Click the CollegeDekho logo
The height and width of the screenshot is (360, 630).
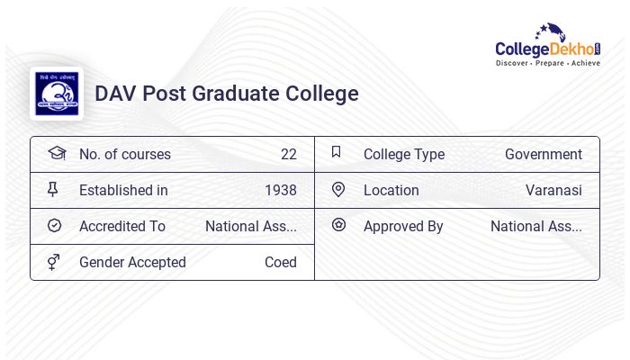pyautogui.click(x=548, y=46)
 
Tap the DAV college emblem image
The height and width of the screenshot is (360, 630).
pyautogui.click(x=56, y=94)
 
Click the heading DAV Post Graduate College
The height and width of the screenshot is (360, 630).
pyautogui.click(x=227, y=94)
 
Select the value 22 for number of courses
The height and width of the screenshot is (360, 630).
pyautogui.click(x=288, y=155)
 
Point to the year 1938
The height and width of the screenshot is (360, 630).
pyautogui.click(x=280, y=191)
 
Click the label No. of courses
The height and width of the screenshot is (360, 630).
pyautogui.click(x=124, y=155)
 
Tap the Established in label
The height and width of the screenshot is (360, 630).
pyautogui.click(x=123, y=191)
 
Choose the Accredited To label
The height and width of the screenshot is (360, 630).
pyautogui.click(x=122, y=227)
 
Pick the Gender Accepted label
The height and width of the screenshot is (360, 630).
pyautogui.click(x=132, y=263)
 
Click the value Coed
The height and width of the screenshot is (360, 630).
pyautogui.click(x=280, y=263)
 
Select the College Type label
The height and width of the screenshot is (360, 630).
pyautogui.click(x=404, y=155)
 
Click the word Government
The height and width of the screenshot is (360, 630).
pyautogui.click(x=544, y=155)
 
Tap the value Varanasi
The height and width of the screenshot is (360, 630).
pyautogui.click(x=553, y=191)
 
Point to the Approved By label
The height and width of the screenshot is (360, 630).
pyautogui.click(x=403, y=227)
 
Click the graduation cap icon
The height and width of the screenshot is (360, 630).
pyautogui.click(x=56, y=153)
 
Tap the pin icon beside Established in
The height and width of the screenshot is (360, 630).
pyautogui.click(x=53, y=190)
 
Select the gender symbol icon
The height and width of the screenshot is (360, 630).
pyautogui.click(x=54, y=262)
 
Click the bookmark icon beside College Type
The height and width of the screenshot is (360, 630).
pyautogui.click(x=337, y=153)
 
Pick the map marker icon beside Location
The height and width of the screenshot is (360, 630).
pyautogui.click(x=338, y=190)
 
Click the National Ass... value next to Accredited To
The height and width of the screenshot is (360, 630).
pyautogui.click(x=250, y=227)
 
